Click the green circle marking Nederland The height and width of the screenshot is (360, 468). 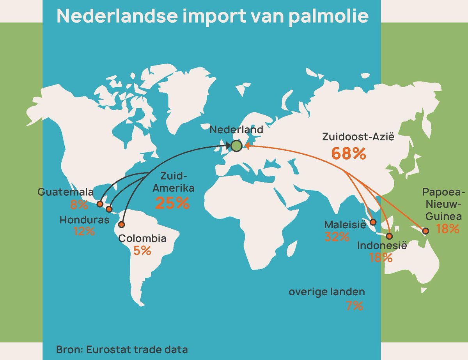click(x=236, y=146)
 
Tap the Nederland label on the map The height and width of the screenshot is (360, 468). click(x=236, y=130)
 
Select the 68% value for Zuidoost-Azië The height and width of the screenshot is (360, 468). click(x=349, y=154)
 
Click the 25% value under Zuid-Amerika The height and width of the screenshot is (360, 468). click(x=172, y=203)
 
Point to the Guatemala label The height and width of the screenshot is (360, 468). click(x=66, y=192)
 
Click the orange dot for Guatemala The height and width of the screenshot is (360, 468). click(x=100, y=204)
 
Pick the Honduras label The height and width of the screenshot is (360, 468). click(x=84, y=220)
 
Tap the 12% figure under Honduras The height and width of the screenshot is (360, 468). click(x=84, y=231)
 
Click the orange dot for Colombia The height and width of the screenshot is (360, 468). click(x=121, y=224)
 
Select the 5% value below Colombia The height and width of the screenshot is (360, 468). click(x=142, y=251)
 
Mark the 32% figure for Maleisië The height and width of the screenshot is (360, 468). click(x=337, y=236)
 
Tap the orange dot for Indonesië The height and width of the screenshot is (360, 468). click(x=389, y=236)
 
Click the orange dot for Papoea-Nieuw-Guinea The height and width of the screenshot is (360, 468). click(x=425, y=230)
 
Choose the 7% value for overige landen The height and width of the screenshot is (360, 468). click(x=355, y=306)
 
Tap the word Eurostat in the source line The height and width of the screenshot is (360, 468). click(x=105, y=349)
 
